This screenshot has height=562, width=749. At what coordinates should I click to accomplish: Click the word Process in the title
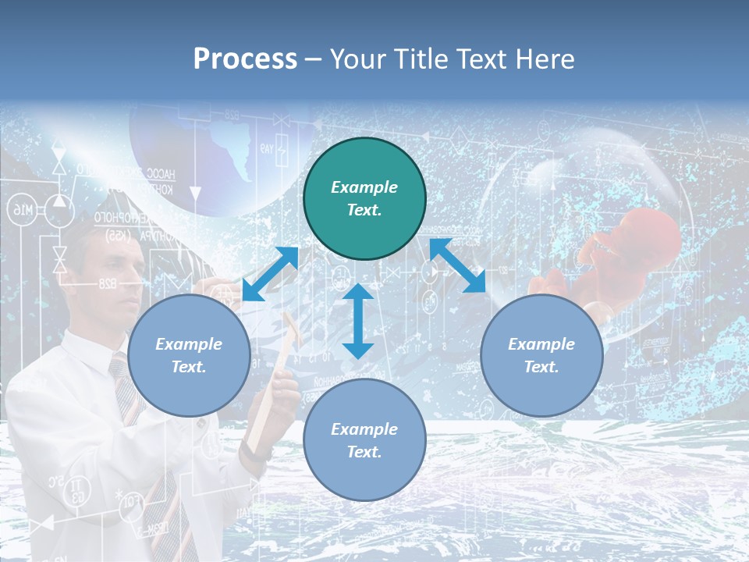[x=245, y=59]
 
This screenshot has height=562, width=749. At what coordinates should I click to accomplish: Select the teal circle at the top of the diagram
[x=364, y=199]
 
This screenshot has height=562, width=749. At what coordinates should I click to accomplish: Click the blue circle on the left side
[x=189, y=355]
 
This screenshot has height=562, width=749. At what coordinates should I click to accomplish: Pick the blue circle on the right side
[x=541, y=355]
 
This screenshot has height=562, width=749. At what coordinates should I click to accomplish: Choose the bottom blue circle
[x=364, y=439]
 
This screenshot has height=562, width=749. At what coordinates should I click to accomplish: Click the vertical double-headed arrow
[x=358, y=321]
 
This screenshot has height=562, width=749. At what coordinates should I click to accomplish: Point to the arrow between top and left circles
[x=271, y=274]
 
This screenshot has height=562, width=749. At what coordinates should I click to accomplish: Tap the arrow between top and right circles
[x=457, y=265]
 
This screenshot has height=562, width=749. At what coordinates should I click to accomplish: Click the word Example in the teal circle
[x=364, y=187]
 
